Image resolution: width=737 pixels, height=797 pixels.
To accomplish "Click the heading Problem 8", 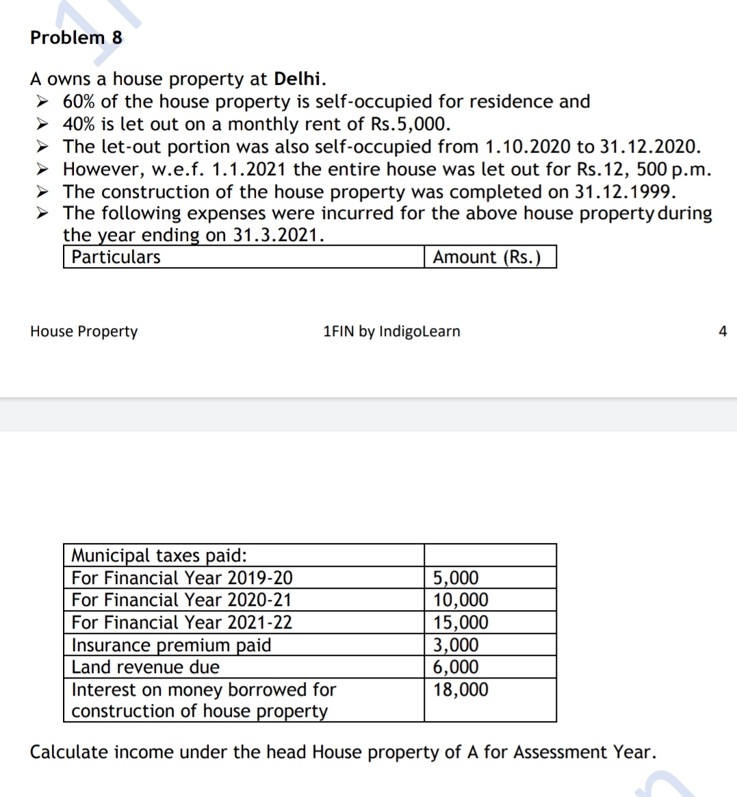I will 76,38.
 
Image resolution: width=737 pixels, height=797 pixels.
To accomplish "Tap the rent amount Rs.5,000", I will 409,124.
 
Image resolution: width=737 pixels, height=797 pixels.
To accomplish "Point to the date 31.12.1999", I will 624,191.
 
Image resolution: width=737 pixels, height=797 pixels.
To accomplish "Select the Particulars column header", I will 116,257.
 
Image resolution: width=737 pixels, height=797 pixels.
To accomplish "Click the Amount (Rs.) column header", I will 487,257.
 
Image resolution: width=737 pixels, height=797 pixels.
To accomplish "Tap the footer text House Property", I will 83,331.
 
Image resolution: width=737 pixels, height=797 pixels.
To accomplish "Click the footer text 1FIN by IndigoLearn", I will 391,331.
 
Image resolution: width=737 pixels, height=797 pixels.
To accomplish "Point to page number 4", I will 723,331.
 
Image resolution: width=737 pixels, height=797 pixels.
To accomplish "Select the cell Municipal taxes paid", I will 159,555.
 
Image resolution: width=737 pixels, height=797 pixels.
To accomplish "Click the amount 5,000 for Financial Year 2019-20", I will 456,578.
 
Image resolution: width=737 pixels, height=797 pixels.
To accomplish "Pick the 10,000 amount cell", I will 461,600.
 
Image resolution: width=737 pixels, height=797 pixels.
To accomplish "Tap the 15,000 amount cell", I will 461,622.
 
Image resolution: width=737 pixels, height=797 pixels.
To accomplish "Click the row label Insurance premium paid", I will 171,645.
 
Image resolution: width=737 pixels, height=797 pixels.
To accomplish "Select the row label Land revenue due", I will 146,667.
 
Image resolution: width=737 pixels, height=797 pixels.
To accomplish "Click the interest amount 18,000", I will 461,690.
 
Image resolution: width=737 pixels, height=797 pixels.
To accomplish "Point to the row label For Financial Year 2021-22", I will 181,622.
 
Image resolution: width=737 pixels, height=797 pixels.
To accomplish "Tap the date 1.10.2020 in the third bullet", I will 528,147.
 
